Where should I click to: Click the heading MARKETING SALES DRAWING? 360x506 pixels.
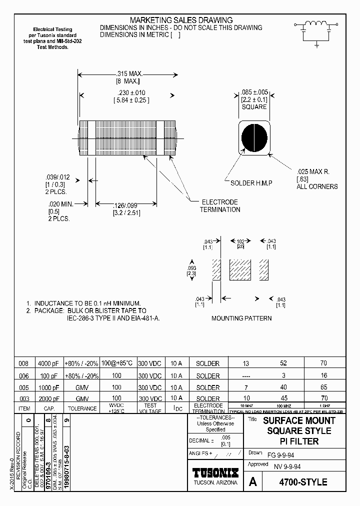(181, 20)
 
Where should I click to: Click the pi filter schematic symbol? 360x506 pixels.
(316, 31)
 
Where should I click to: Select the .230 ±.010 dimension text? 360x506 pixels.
(128, 93)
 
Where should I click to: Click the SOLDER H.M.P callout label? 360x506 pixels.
(251, 183)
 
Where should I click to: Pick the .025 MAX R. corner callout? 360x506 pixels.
(313, 172)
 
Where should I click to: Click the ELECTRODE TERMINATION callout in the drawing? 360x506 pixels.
(219, 205)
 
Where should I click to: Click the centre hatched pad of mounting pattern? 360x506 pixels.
(239, 270)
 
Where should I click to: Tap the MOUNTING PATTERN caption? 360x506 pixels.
(241, 318)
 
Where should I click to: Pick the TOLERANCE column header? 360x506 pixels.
(82, 408)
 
